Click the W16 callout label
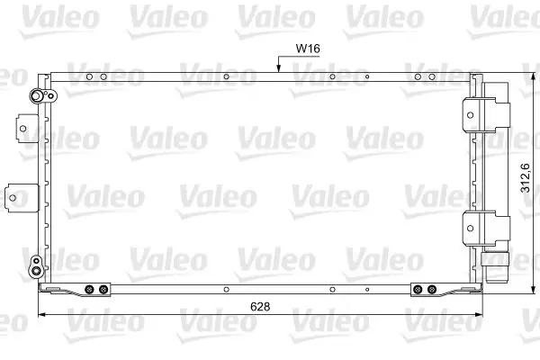tap(308, 49)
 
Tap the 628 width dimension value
tap(260, 306)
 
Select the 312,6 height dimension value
tap(526, 178)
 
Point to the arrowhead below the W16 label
tap(278, 69)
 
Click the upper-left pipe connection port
tap(36, 96)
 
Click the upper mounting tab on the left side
tap(26, 128)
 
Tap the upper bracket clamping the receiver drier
tap(486, 114)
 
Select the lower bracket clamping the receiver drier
tap(486, 229)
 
